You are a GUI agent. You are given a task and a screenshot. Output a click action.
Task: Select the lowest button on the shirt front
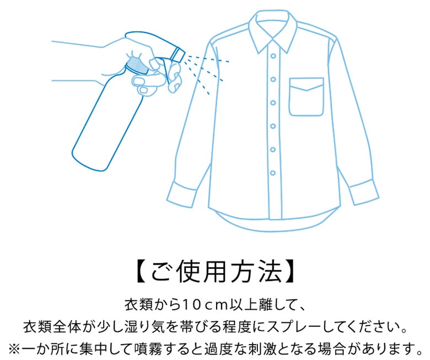(x=272, y=173)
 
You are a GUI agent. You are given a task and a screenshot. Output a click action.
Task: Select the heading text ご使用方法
(x=216, y=271)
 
